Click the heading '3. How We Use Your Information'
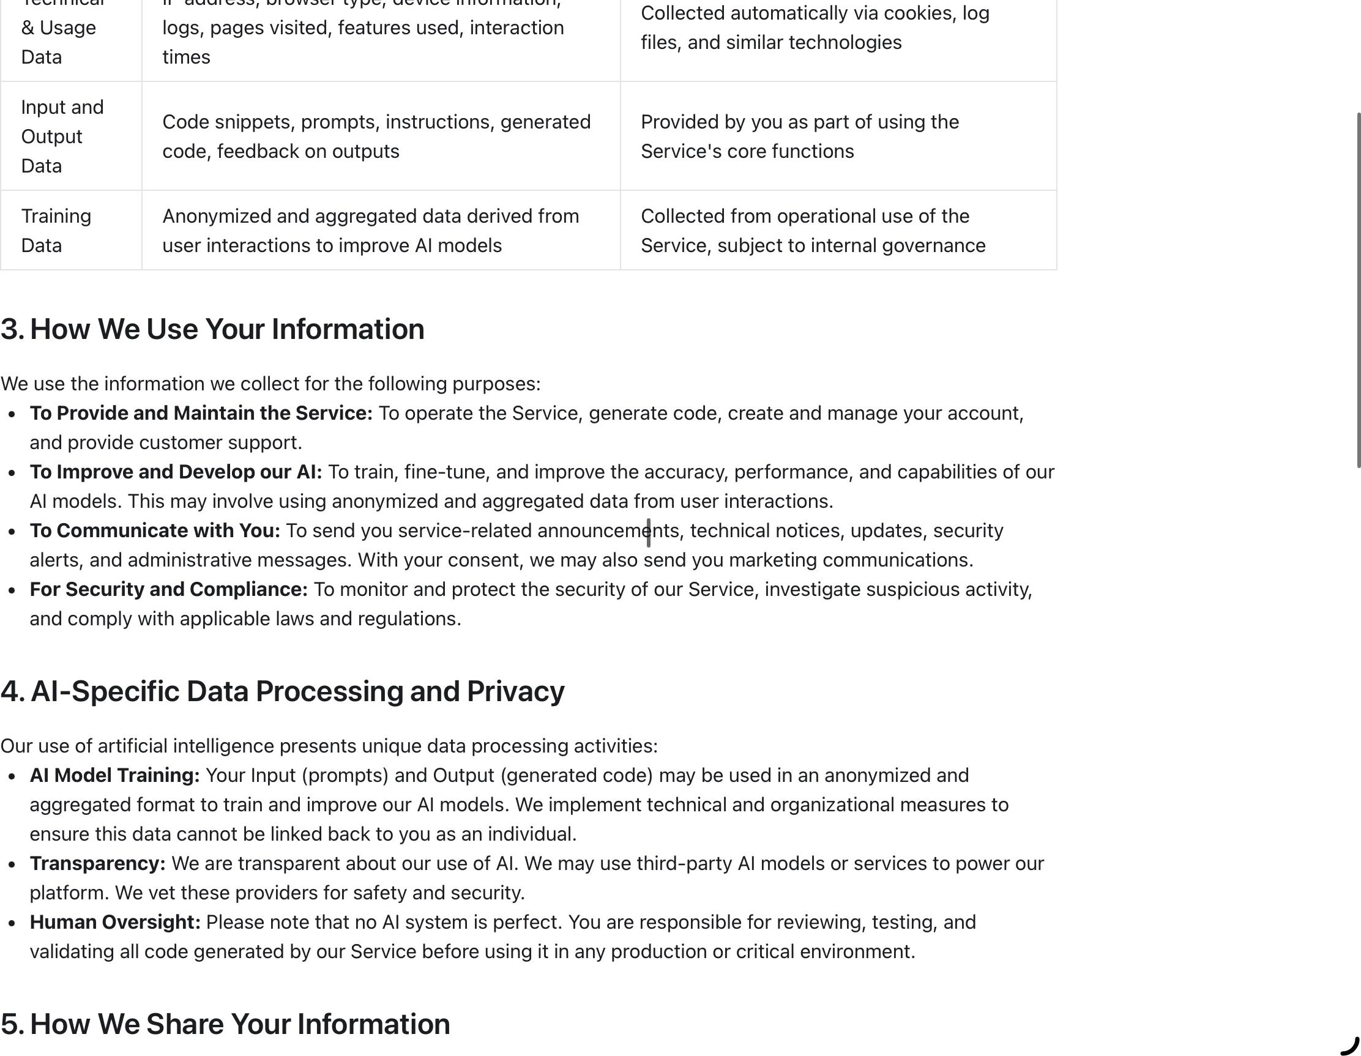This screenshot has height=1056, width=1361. (212, 329)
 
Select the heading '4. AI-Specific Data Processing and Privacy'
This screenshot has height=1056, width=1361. (282, 691)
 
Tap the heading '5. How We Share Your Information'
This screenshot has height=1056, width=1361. (225, 1024)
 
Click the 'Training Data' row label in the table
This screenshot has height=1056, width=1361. (56, 231)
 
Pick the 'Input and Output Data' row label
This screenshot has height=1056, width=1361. (62, 136)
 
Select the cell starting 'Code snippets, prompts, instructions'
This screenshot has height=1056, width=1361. (376, 136)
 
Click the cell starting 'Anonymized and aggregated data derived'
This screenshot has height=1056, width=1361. (371, 231)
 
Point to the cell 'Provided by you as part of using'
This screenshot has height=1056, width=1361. (799, 136)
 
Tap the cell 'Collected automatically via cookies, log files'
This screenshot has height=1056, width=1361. (815, 28)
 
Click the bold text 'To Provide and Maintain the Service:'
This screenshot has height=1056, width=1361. (201, 413)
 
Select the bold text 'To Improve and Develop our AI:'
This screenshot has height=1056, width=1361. (176, 472)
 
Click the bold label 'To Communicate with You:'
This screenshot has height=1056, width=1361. (155, 530)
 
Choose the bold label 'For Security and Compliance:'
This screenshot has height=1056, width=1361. (169, 589)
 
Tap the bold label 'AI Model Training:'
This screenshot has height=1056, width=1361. (114, 775)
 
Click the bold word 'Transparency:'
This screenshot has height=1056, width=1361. (98, 863)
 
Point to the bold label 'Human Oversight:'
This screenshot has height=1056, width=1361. (115, 922)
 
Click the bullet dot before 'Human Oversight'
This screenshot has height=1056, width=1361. (12, 923)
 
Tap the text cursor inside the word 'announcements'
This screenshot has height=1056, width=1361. (649, 532)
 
